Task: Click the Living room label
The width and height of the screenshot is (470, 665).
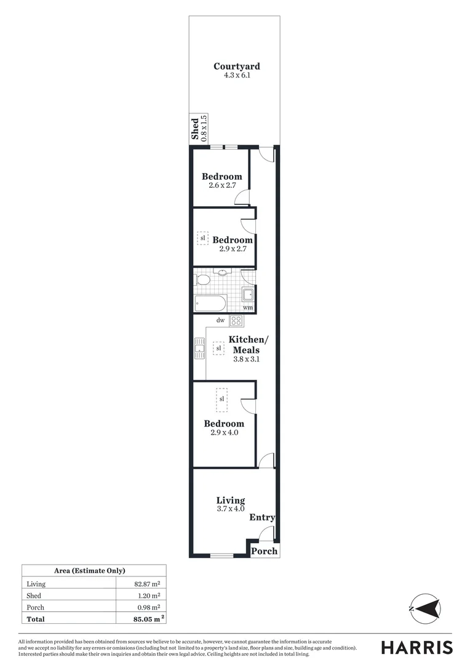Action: [x=231, y=501]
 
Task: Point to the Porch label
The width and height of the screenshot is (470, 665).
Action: [x=265, y=551]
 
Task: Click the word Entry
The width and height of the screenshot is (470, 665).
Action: [x=262, y=518]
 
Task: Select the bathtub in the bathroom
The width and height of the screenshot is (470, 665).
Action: [x=210, y=303]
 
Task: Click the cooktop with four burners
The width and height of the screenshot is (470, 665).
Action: [x=237, y=321]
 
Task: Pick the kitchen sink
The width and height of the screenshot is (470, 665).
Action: [x=199, y=349]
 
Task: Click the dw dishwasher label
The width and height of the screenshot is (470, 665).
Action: [x=220, y=320]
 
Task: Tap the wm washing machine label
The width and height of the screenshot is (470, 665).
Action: [x=247, y=307]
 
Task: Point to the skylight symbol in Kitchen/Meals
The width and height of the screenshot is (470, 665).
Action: [x=218, y=349]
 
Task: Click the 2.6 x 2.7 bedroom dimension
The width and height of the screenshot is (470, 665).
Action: [x=222, y=185]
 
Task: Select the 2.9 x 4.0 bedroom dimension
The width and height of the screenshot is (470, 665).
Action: [x=224, y=432]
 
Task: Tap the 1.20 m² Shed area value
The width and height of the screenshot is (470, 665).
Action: [x=148, y=595]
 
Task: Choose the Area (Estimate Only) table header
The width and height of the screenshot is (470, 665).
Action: [x=94, y=571]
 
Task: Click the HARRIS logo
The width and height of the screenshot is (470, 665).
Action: [x=416, y=647]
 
